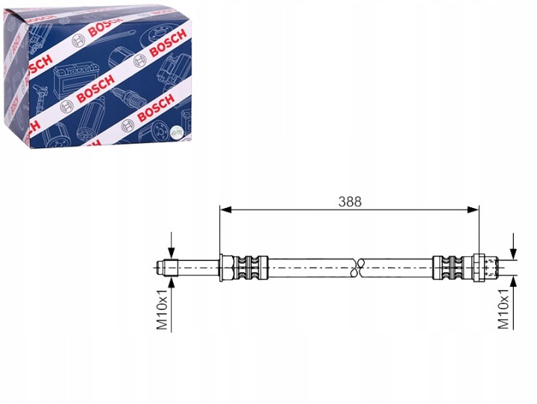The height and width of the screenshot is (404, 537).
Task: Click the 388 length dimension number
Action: [350, 202]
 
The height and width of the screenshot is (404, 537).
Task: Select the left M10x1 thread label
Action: [162, 309]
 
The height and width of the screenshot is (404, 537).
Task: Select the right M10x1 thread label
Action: [503, 309]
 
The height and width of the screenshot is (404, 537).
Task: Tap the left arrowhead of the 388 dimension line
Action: [226, 210]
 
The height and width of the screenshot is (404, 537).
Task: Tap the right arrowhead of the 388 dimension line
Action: [473, 210]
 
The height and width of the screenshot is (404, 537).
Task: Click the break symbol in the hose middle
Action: [358, 267]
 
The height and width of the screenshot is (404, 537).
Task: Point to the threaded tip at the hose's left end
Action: [166, 268]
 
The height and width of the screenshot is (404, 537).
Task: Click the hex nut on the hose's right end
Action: [478, 268]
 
